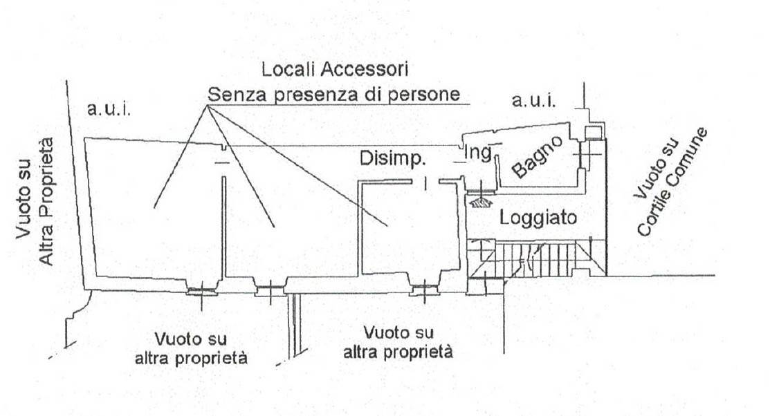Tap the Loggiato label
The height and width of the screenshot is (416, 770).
(538, 218)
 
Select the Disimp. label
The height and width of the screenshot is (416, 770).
(392, 158)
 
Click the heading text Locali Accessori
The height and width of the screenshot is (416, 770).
(334, 69)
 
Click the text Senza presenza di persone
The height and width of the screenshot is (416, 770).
(334, 94)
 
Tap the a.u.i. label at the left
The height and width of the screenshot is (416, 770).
(109, 108)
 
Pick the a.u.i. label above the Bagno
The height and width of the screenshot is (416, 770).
(533, 102)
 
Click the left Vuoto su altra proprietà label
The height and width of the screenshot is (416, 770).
(201, 349)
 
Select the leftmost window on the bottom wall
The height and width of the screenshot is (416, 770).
(201, 290)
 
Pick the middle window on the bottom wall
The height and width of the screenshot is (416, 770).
(270, 290)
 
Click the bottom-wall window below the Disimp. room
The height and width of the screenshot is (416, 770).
(421, 290)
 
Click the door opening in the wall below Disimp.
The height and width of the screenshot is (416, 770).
(425, 182)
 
